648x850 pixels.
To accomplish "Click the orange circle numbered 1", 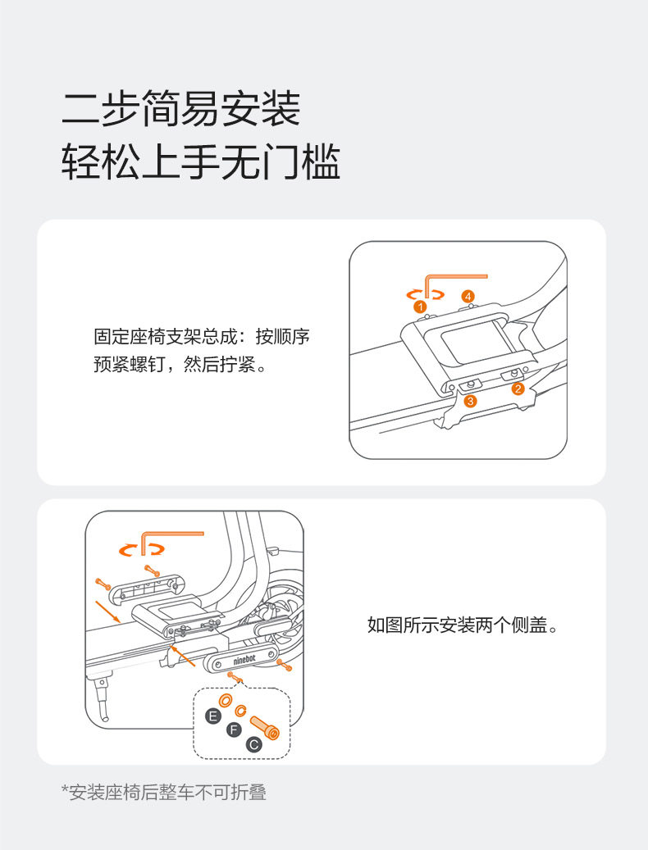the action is [x=421, y=307].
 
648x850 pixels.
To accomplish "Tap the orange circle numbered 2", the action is [x=518, y=389].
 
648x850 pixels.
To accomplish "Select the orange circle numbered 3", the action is [x=470, y=401].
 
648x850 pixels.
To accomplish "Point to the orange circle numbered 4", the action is [x=468, y=296].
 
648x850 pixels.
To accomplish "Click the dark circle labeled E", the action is [x=213, y=716].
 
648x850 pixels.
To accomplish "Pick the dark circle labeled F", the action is [x=233, y=730].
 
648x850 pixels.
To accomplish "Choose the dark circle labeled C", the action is [x=253, y=744].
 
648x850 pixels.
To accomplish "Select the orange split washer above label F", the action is [x=242, y=709].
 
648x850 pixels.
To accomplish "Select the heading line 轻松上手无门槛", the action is [x=201, y=163].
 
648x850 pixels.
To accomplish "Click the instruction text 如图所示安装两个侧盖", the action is [x=463, y=626].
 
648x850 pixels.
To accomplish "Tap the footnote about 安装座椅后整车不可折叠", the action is [x=164, y=792].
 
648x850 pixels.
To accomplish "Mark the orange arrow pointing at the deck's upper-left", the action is [x=109, y=610].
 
